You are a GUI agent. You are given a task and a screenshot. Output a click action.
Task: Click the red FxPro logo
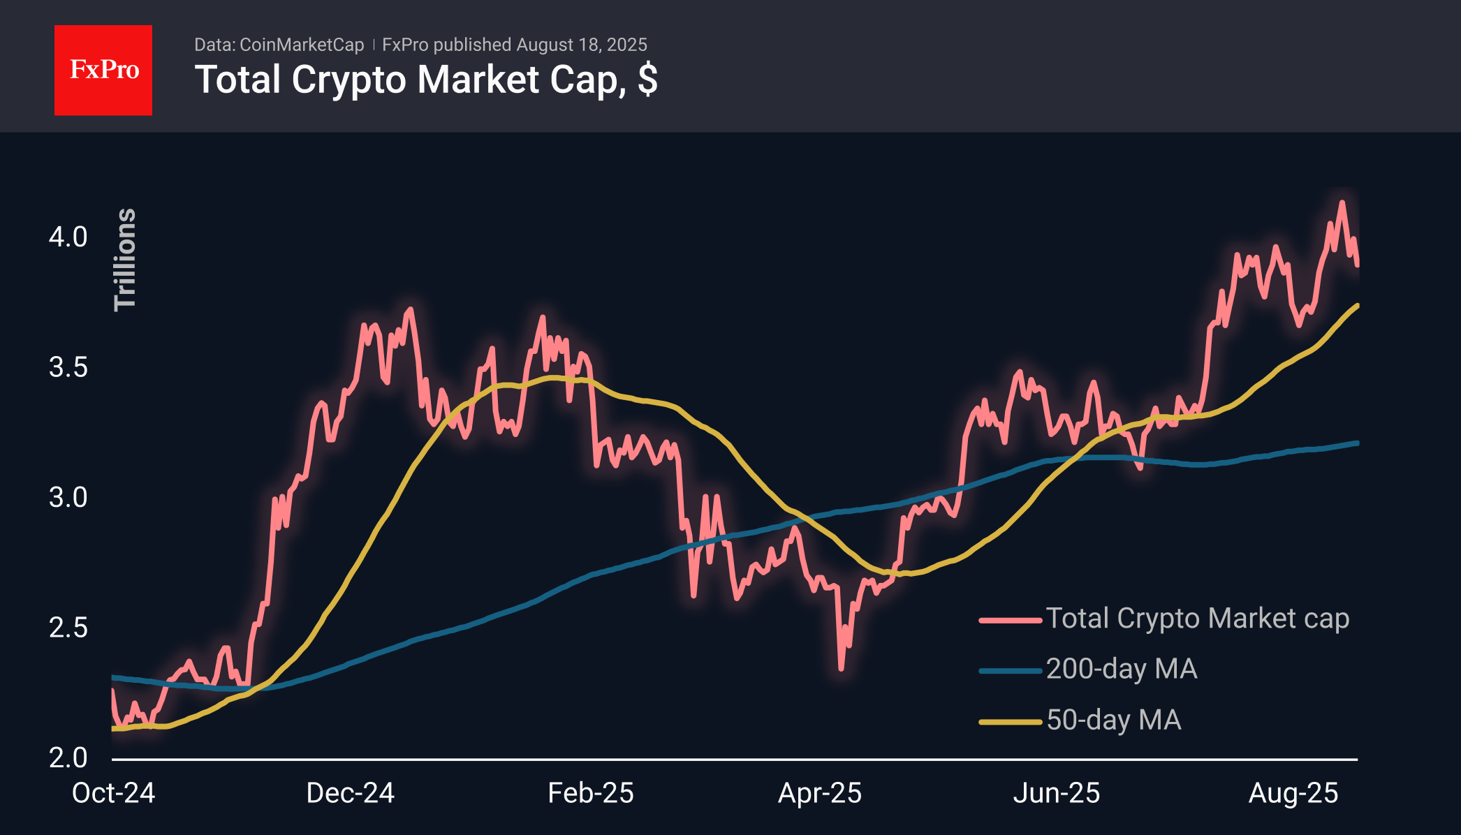click(103, 70)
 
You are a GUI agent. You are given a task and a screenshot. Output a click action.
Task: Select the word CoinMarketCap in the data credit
click(301, 45)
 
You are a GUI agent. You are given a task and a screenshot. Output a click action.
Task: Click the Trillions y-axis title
click(125, 259)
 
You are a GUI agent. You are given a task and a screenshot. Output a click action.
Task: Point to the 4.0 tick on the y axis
click(68, 237)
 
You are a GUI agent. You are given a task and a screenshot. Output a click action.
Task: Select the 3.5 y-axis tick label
click(68, 367)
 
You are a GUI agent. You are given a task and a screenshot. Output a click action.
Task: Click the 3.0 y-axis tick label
click(68, 497)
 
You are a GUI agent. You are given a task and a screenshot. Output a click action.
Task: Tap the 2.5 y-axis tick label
click(68, 628)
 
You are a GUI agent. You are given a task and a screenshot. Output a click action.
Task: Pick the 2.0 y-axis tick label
click(68, 758)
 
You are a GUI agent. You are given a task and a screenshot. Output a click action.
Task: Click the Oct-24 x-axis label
click(113, 793)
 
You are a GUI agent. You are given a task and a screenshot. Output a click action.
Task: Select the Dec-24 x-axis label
click(350, 793)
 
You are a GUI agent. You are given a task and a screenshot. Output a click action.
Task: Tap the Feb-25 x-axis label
click(590, 793)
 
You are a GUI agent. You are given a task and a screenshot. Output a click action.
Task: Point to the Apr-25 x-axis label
click(820, 793)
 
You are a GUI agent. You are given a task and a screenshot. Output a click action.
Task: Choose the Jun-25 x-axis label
click(1056, 793)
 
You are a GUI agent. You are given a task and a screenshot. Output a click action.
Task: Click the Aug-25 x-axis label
click(1293, 793)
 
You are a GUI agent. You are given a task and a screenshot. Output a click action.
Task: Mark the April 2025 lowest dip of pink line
click(841, 669)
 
